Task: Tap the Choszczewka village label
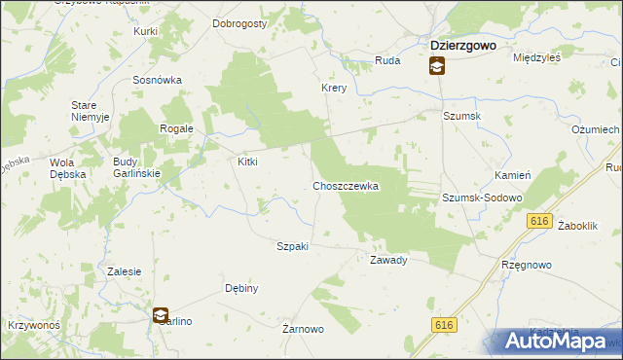coord(345,185)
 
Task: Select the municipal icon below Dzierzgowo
coord(437,66)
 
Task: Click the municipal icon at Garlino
coord(161,314)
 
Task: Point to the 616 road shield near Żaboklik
coord(541,222)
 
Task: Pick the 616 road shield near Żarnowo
coord(445,325)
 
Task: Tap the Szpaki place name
coord(293,246)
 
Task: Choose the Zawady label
coord(387,260)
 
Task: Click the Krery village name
coord(335,88)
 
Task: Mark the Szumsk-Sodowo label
coord(482,198)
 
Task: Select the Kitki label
coord(247,162)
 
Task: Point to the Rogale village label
coord(177,128)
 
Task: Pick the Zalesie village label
coord(126,271)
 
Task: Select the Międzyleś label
coord(538,57)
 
